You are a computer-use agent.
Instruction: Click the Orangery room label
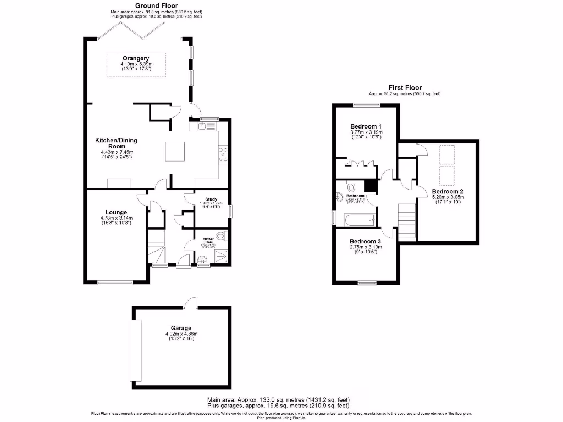(135, 58)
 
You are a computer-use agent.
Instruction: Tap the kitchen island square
(178, 151)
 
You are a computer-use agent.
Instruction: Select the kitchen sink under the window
(202, 126)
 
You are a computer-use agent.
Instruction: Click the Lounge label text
(116, 212)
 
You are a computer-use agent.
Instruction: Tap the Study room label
(211, 199)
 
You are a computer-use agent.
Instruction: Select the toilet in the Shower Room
(221, 236)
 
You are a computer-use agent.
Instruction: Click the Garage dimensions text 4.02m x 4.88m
(181, 334)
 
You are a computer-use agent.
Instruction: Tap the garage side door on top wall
(190, 303)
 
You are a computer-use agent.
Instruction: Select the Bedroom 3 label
(366, 242)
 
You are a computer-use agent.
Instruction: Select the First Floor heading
(405, 87)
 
